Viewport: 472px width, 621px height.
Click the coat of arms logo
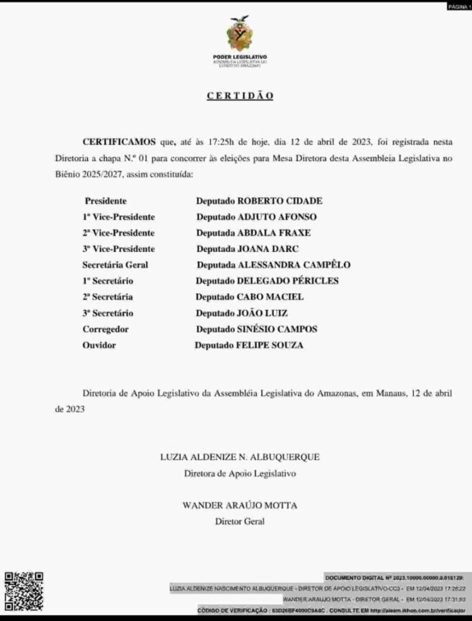[239, 33]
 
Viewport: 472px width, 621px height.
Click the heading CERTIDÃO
[240, 96]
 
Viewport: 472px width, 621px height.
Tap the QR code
[24, 591]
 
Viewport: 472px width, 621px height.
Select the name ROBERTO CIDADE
[279, 201]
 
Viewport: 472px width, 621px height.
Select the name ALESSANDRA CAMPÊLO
[294, 265]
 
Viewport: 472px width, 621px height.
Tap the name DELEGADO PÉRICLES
[287, 281]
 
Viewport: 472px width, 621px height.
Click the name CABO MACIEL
[270, 297]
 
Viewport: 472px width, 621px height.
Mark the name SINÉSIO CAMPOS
[277, 329]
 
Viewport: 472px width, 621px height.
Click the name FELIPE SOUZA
[270, 345]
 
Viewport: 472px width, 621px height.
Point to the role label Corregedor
[105, 329]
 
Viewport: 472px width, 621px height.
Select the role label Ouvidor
[99, 345]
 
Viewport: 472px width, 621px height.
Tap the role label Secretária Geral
[115, 265]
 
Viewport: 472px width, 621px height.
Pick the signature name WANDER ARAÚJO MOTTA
[240, 505]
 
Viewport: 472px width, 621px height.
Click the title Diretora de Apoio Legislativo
[240, 473]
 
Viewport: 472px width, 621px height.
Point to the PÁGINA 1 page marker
[458, 6]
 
